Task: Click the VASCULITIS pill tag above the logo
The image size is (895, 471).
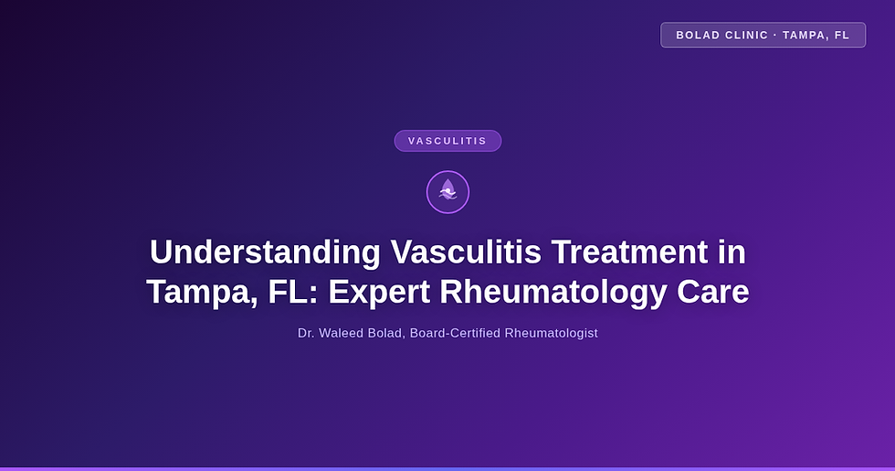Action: click(447, 141)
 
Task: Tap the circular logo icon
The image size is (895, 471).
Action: click(447, 192)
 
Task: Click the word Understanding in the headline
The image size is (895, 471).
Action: click(264, 252)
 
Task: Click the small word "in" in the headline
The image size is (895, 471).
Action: click(732, 252)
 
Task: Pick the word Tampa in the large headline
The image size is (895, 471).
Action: click(198, 293)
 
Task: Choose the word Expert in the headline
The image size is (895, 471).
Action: click(378, 293)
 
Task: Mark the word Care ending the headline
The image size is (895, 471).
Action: click(712, 293)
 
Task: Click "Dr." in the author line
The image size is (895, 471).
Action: click(306, 333)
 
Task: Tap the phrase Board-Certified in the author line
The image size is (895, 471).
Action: click(455, 333)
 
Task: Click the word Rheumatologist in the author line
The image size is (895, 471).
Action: click(552, 333)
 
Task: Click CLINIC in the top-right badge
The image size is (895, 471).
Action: click(748, 35)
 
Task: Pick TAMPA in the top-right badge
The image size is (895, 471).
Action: click(805, 35)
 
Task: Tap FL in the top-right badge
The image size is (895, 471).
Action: click(842, 35)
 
